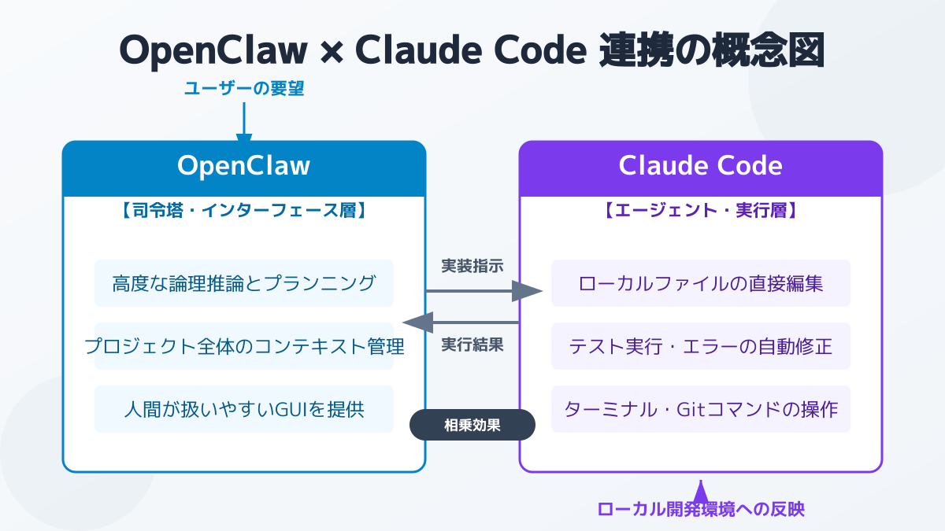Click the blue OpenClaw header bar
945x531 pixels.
244,168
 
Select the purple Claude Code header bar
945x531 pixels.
701,168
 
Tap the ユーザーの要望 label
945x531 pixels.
244,89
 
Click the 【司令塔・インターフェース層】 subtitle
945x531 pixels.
244,211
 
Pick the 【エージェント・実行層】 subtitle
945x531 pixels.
701,211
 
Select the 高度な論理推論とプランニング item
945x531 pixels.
244,283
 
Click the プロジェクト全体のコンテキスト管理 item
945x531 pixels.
244,346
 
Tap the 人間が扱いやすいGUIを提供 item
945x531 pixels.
244,409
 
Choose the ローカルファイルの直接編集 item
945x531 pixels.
701,283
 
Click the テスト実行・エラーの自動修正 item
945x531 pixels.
701,346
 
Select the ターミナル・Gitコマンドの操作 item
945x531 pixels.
701,409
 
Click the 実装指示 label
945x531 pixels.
472,266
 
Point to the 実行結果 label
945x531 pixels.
472,345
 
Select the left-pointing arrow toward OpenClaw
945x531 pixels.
461,322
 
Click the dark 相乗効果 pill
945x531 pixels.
472,426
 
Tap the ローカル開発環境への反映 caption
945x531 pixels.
701,509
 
